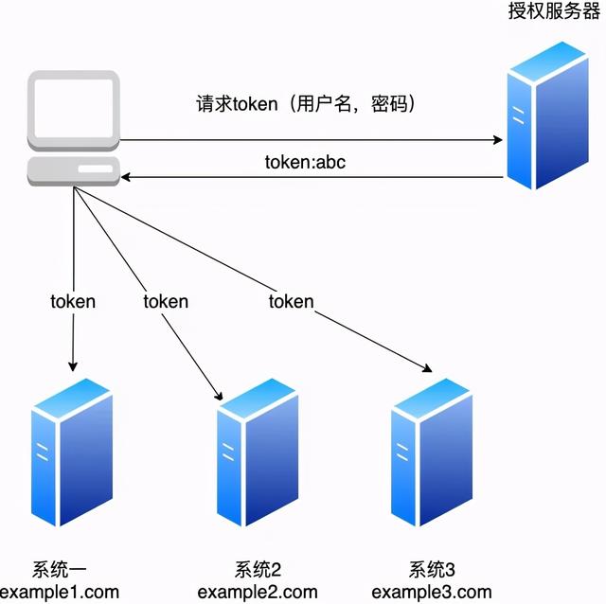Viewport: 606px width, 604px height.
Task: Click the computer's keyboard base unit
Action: coord(73,171)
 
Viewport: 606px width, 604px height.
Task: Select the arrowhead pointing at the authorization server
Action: coord(497,140)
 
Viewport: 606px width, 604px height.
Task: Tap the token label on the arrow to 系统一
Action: coord(73,302)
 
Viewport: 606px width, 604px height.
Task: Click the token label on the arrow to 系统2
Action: coord(166,302)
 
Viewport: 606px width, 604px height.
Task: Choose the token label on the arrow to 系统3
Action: coord(291,302)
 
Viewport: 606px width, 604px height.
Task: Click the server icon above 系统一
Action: coord(72,453)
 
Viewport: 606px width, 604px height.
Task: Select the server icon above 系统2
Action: coord(258,453)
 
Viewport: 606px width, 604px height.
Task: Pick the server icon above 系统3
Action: coord(432,453)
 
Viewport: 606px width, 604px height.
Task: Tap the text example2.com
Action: coord(258,593)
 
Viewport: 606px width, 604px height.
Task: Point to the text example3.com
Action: coord(432,593)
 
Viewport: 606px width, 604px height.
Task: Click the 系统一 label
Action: coord(61,571)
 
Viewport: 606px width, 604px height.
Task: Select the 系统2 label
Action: coord(258,571)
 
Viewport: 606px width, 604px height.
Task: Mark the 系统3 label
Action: coord(432,571)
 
